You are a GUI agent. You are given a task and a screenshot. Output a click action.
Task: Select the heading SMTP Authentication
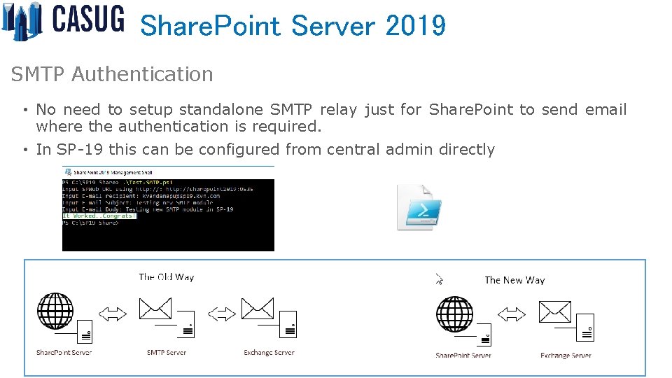tap(112, 74)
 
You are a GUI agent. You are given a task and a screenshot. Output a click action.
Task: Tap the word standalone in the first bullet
tap(222, 110)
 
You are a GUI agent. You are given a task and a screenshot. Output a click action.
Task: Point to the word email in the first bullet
tap(605, 110)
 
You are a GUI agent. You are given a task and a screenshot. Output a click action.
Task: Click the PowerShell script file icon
tap(419, 206)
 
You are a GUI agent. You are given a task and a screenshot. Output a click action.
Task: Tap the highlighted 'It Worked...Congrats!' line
tap(99, 216)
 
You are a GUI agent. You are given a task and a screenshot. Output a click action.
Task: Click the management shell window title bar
tap(168, 171)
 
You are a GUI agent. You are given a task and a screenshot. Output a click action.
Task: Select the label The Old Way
tap(167, 277)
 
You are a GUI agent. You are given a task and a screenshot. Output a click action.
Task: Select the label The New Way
tap(514, 280)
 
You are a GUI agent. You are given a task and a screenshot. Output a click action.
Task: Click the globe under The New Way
tap(454, 314)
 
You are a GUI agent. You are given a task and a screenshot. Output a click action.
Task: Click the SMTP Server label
tap(167, 353)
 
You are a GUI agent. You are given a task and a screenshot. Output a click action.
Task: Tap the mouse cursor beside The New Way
tap(439, 279)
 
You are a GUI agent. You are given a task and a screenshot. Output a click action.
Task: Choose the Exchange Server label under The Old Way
tap(269, 353)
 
